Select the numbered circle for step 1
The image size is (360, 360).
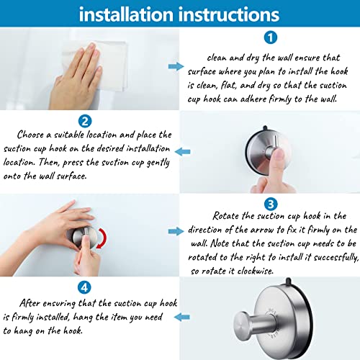click(269, 37)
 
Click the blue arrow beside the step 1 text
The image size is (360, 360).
click(176, 66)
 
